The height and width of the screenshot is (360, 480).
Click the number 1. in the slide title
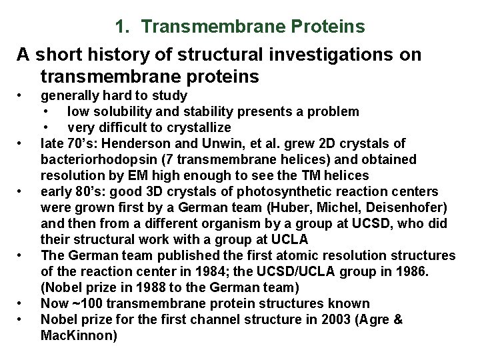(121, 27)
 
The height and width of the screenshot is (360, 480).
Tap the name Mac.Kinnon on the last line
(79, 336)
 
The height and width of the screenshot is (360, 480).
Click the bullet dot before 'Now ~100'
(23, 304)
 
